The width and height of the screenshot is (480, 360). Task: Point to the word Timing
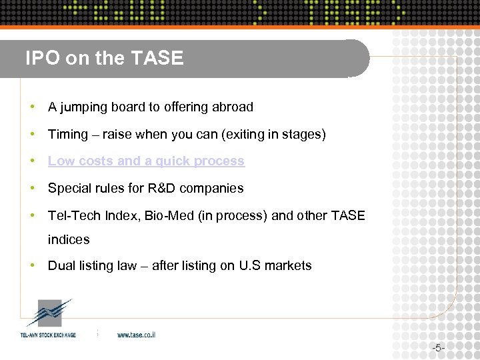pyautogui.click(x=67, y=135)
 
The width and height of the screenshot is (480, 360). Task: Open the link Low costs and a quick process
pyautogui.click(x=146, y=161)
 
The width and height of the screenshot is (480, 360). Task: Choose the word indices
pyautogui.click(x=68, y=239)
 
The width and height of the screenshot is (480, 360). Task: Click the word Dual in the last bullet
pyautogui.click(x=61, y=266)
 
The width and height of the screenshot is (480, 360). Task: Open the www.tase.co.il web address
pyautogui.click(x=136, y=335)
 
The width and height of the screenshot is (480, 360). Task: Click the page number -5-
pyautogui.click(x=437, y=348)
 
